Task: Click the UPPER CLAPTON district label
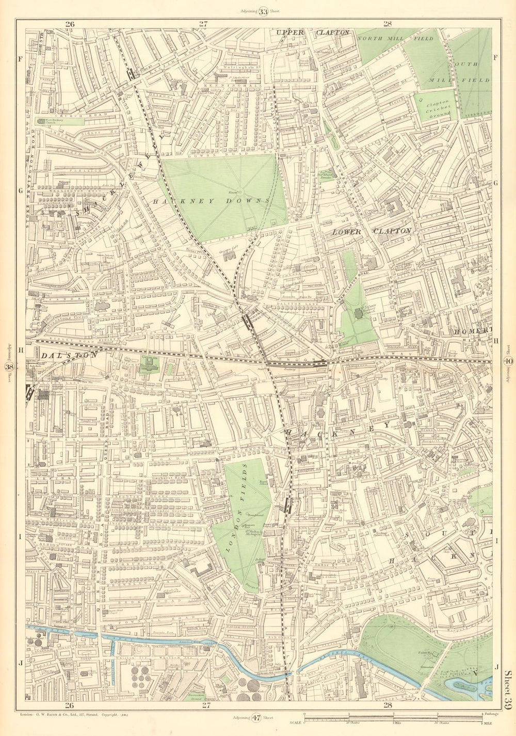click(313, 33)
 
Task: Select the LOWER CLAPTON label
click(372, 231)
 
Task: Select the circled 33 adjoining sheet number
click(264, 12)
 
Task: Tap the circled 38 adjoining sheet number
click(8, 367)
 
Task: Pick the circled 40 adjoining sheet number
click(507, 361)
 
